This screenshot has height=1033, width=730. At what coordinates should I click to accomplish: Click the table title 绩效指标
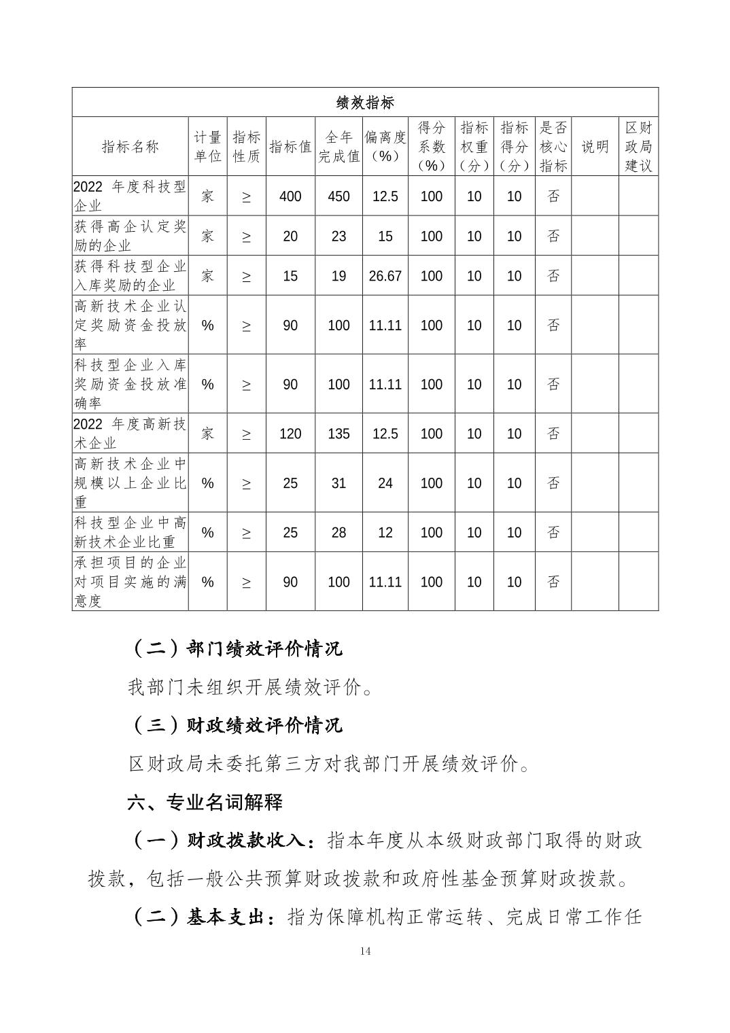click(x=365, y=103)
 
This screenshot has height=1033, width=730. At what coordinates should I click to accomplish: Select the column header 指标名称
click(x=130, y=147)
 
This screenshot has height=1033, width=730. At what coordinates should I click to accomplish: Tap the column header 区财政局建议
click(x=638, y=147)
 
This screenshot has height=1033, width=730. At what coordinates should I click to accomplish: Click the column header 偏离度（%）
click(x=385, y=147)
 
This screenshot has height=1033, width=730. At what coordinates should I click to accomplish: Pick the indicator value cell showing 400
click(x=290, y=197)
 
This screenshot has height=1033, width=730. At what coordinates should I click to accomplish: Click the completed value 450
click(x=338, y=197)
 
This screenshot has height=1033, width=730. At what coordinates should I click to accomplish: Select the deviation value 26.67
click(x=385, y=277)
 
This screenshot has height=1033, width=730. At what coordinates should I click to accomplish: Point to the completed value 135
click(x=338, y=434)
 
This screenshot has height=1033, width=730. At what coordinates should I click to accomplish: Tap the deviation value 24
click(x=385, y=483)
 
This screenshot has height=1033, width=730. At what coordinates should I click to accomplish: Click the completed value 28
click(x=338, y=533)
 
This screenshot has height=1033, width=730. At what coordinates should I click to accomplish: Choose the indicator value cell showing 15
click(x=290, y=277)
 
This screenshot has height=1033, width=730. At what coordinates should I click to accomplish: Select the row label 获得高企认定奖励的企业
click(x=130, y=236)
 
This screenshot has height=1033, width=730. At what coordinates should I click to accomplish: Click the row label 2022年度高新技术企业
click(x=130, y=434)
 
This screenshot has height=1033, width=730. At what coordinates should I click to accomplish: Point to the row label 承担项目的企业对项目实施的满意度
click(x=130, y=582)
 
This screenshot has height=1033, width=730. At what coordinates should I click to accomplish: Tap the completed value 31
click(x=338, y=483)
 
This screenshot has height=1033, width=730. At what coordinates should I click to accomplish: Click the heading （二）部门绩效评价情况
click(x=235, y=649)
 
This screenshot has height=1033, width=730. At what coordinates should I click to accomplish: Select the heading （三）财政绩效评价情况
click(x=235, y=726)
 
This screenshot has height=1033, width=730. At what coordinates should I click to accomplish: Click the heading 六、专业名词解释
click(x=205, y=803)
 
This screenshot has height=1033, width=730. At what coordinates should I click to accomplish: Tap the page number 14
click(x=365, y=951)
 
